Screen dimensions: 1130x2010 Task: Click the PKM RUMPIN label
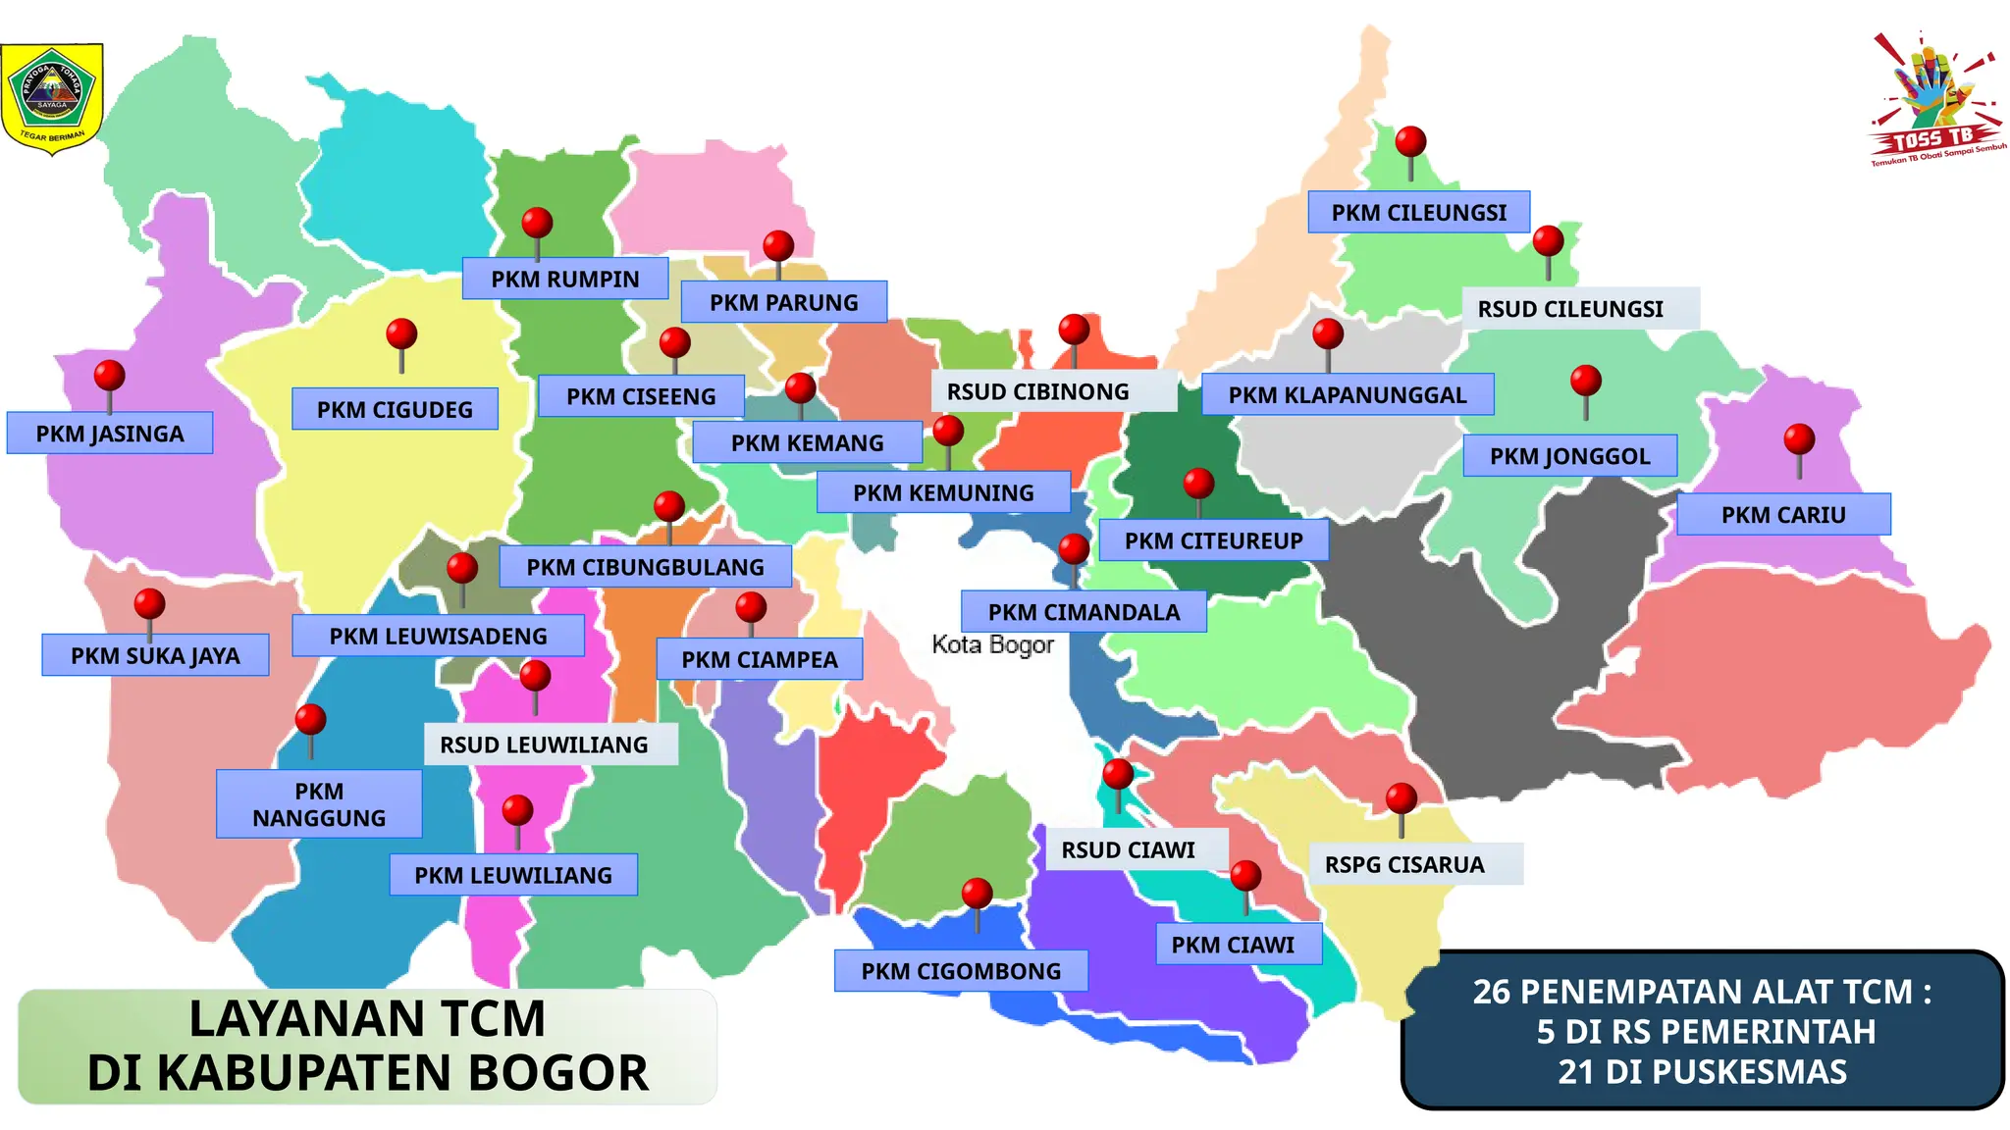click(x=565, y=279)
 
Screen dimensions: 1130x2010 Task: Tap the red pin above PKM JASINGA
click(x=109, y=377)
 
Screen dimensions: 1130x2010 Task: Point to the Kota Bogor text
click(x=992, y=644)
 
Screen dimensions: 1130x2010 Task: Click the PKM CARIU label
click(x=1783, y=514)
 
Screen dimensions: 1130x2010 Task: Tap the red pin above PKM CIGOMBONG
click(x=977, y=895)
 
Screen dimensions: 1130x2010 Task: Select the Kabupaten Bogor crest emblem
click(x=52, y=96)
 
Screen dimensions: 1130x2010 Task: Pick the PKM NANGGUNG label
click(x=319, y=804)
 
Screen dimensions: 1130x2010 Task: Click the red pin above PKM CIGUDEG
click(x=401, y=335)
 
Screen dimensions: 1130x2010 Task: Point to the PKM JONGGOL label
click(x=1569, y=456)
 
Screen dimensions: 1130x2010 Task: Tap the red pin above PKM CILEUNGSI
click(x=1410, y=143)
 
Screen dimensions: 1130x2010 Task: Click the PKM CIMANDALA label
click(x=1084, y=612)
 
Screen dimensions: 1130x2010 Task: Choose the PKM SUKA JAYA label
click(x=155, y=655)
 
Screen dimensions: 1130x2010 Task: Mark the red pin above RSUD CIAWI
click(x=1118, y=775)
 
